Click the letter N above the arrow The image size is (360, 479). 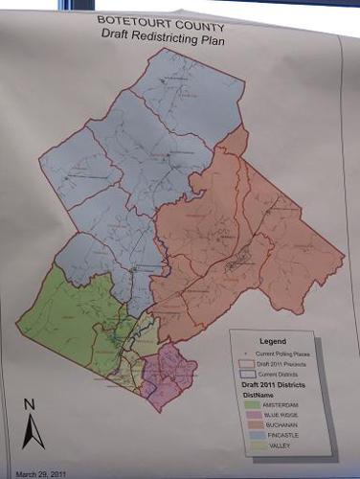(31, 402)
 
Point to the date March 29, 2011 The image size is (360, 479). (41, 472)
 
